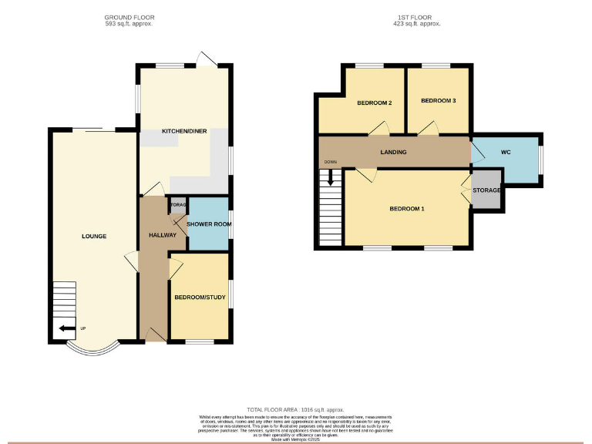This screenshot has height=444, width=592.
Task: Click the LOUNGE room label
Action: click(x=95, y=236)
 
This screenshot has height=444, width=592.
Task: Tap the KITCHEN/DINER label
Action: click(x=184, y=132)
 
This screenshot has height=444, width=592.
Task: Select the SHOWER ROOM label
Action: click(x=209, y=224)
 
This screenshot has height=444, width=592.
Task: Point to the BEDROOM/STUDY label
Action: click(x=199, y=298)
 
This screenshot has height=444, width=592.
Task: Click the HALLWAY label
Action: click(x=163, y=235)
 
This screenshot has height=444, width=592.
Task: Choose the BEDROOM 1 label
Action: click(x=406, y=209)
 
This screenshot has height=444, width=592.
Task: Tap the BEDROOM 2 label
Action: click(x=375, y=103)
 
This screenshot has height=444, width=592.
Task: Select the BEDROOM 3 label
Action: click(x=439, y=101)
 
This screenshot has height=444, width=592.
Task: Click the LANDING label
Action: click(x=393, y=153)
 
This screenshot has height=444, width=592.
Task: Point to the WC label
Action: click(x=506, y=153)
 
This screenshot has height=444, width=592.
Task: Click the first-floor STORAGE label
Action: click(x=486, y=190)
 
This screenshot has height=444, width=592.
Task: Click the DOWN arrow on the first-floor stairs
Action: click(x=331, y=177)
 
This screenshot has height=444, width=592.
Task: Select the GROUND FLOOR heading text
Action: click(x=129, y=16)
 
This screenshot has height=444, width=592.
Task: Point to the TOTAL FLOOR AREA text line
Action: click(x=295, y=409)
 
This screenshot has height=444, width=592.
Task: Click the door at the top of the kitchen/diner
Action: click(x=204, y=60)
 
